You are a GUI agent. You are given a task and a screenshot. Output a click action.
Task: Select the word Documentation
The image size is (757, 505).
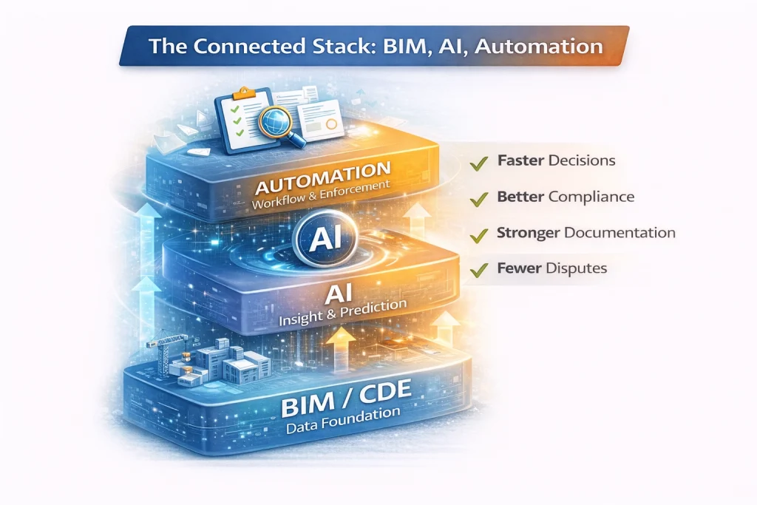[x=619, y=233]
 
